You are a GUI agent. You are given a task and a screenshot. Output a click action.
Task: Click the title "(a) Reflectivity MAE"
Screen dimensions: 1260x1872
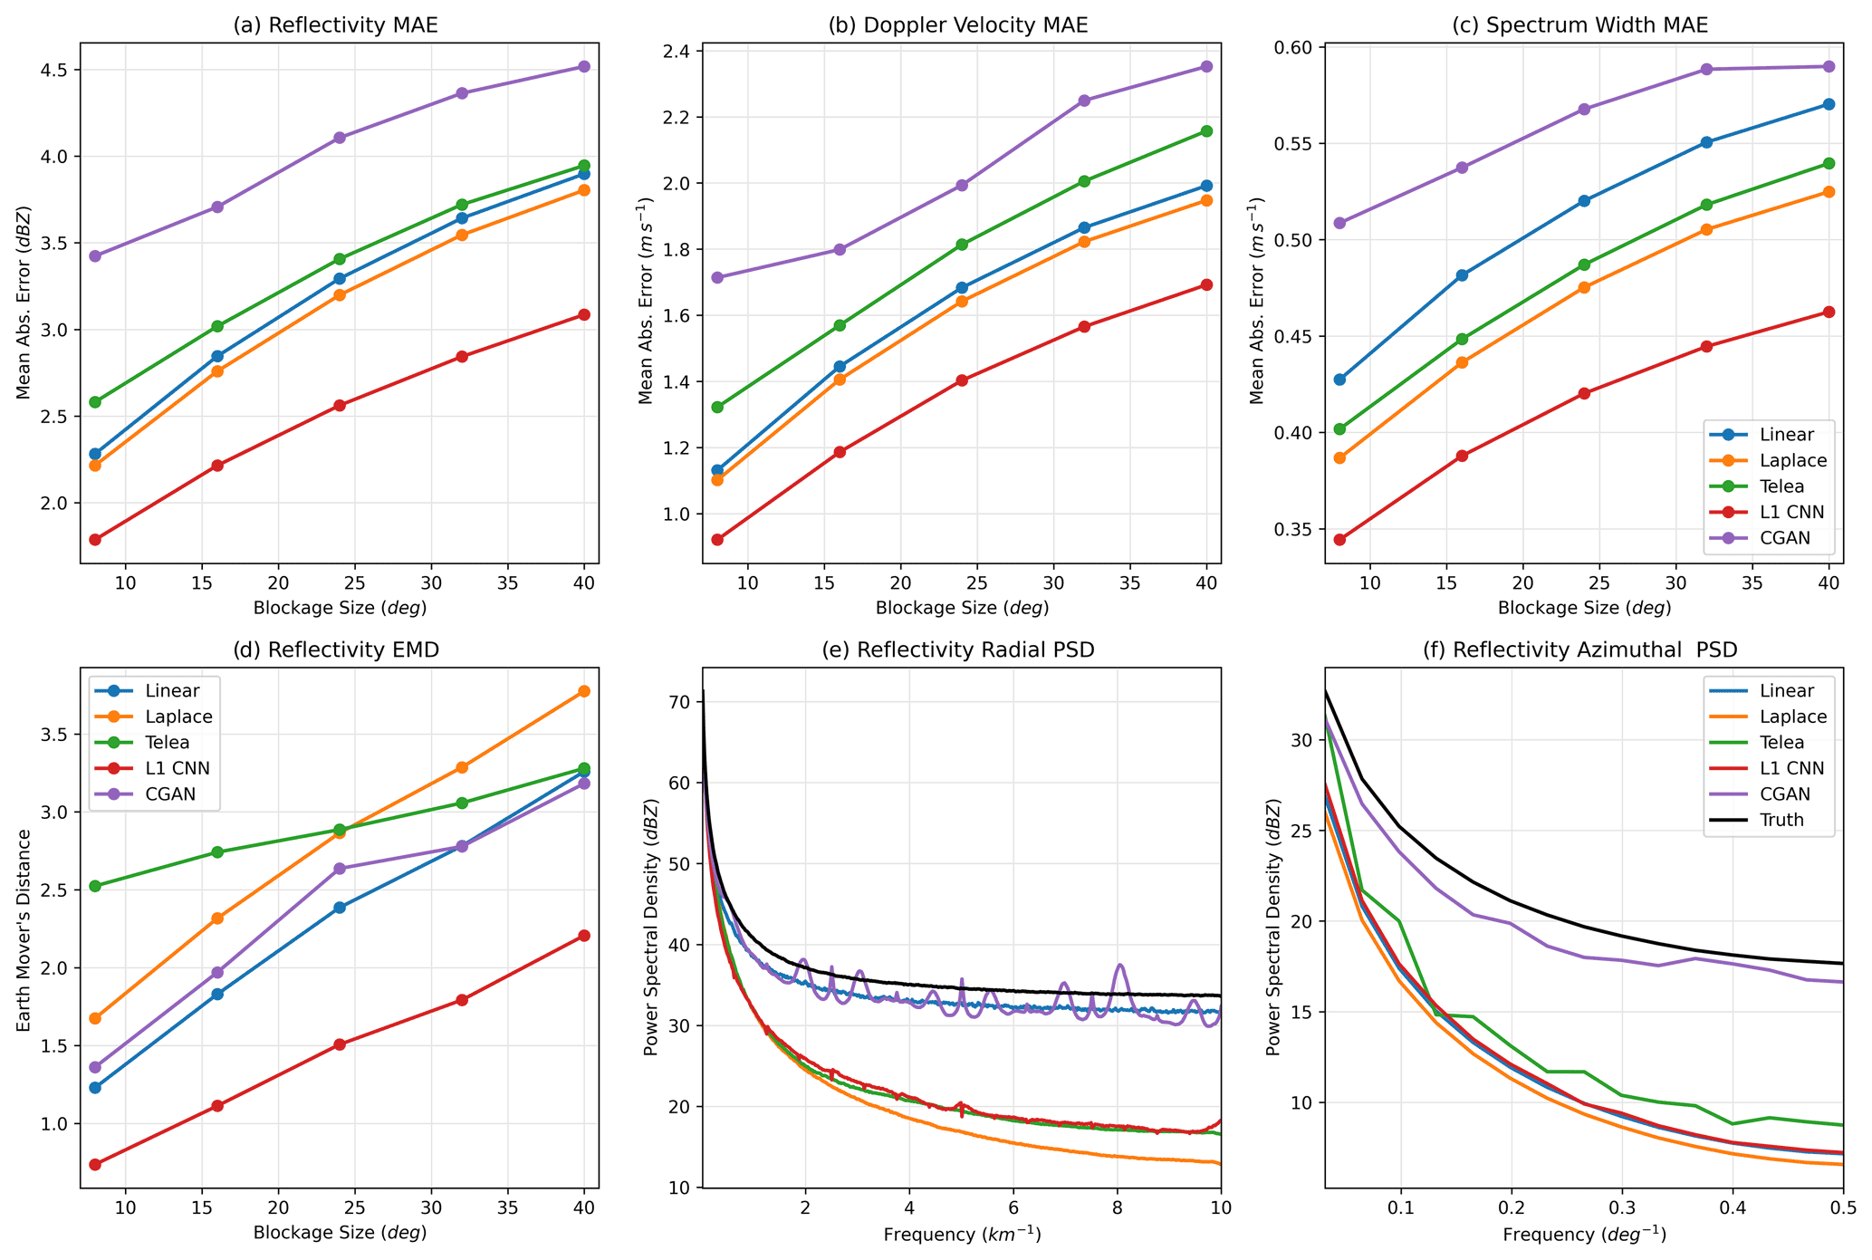click(x=335, y=25)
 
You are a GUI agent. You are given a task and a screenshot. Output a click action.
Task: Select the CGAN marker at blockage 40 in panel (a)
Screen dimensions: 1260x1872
click(x=584, y=66)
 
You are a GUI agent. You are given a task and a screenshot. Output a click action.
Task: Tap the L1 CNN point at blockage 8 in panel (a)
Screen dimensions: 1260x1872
click(x=95, y=540)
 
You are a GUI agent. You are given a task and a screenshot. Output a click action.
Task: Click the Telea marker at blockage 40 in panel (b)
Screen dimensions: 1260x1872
click(x=1206, y=131)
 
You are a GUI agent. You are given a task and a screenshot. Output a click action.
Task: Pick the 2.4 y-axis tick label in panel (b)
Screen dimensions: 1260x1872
click(x=678, y=51)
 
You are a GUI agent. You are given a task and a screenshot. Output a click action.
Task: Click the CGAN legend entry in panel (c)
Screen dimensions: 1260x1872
click(x=1766, y=537)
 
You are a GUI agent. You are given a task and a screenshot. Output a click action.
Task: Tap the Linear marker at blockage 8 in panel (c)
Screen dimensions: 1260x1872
click(x=1340, y=380)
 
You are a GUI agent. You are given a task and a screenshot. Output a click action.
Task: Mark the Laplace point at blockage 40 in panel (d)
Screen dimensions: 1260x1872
click(x=584, y=691)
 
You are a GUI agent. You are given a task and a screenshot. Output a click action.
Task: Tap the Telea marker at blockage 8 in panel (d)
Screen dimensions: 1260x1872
click(x=95, y=886)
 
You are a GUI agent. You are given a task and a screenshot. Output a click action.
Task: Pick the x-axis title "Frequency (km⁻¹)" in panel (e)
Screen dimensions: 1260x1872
click(x=962, y=1234)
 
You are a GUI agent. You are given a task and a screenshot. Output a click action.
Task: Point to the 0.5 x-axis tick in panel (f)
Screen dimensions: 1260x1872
click(x=1842, y=1207)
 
